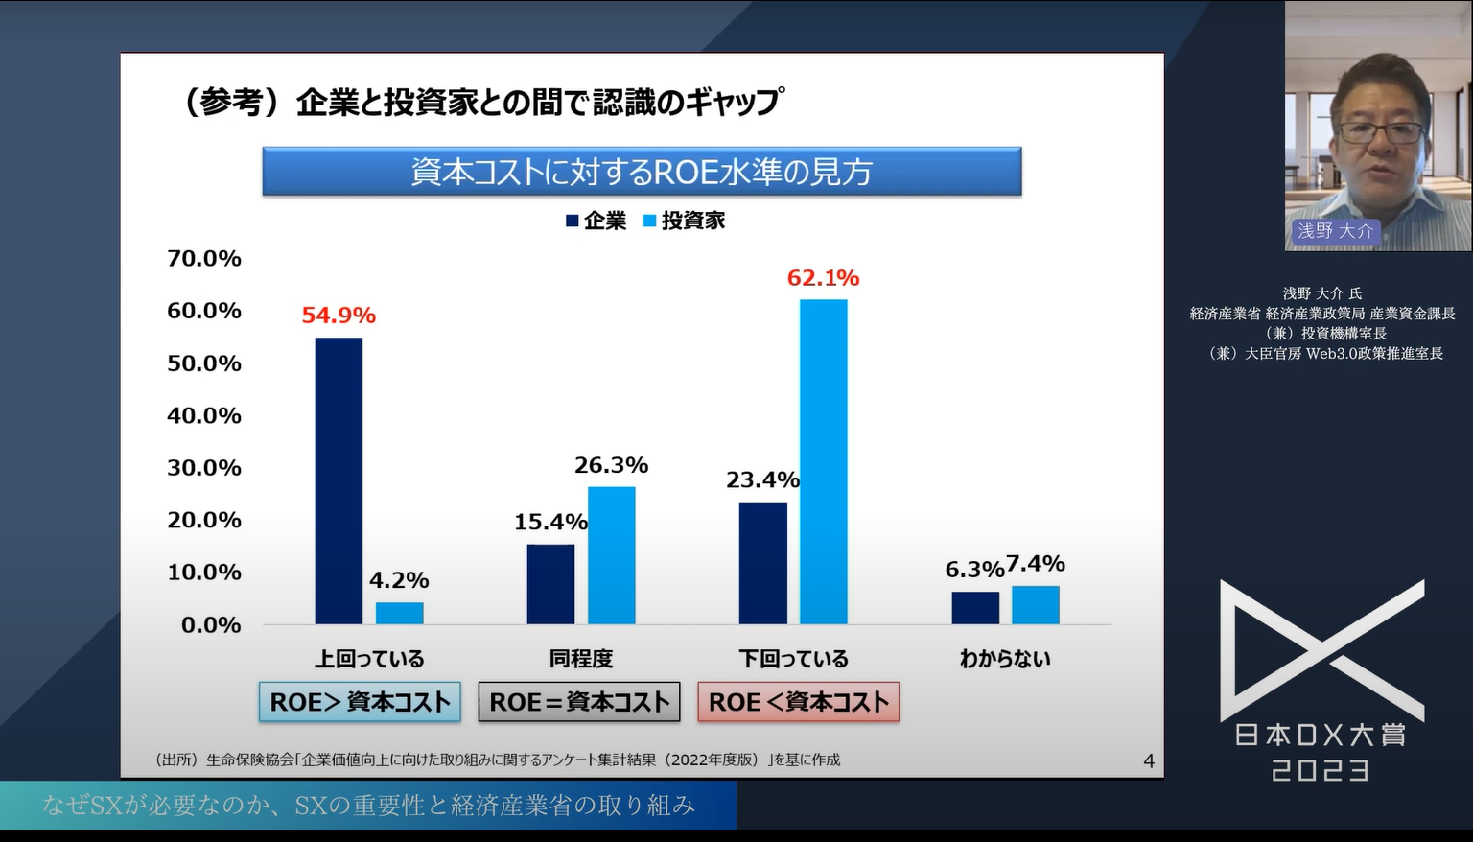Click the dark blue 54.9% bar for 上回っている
point(339,480)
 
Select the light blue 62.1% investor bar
point(823,461)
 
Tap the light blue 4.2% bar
point(399,613)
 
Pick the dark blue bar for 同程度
point(550,584)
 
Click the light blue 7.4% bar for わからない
point(1035,605)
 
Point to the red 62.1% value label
point(823,278)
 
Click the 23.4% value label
point(762,479)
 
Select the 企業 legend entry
point(596,221)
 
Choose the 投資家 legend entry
point(684,221)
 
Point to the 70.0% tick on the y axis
point(204,258)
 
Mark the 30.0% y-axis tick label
point(204,467)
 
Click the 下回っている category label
point(793,659)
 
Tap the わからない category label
point(1005,659)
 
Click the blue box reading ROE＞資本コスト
point(360,702)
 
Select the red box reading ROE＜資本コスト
point(798,702)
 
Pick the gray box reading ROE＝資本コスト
point(579,702)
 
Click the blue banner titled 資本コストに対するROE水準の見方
point(642,172)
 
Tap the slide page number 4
point(1149,761)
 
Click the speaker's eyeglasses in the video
point(1381,132)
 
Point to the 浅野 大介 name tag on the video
point(1335,231)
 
